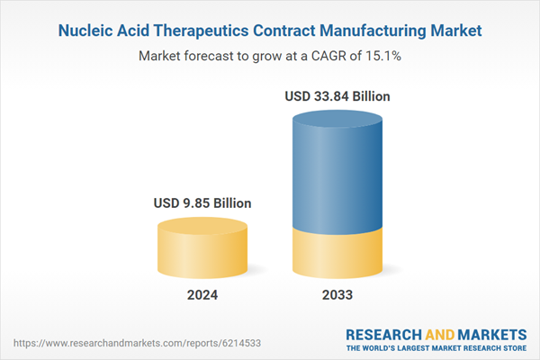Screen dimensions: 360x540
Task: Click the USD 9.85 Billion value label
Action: point(202,203)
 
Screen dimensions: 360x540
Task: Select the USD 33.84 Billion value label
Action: point(337,96)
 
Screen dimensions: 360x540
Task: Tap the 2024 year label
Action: point(202,294)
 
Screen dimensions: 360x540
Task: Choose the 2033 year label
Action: point(338,294)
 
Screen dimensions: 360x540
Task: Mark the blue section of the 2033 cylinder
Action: point(338,171)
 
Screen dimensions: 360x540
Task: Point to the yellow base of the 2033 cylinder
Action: point(338,252)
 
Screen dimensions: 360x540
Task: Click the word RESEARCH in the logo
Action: point(384,333)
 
